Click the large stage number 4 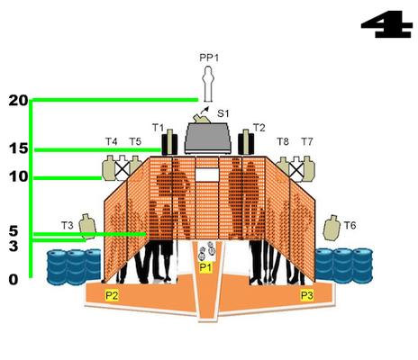[386, 24]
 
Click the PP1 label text [209, 58]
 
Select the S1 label [223, 113]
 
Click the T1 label [159, 128]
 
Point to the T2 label [259, 128]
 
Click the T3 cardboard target [87, 227]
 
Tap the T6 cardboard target [332, 228]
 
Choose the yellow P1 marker [205, 267]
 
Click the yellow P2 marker [112, 295]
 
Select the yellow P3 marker [307, 295]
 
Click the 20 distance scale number [18, 101]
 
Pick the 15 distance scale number [18, 148]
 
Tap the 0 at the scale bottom [14, 280]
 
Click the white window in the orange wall [207, 175]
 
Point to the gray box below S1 [209, 138]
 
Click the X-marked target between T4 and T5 [123, 168]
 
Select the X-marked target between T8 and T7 [296, 169]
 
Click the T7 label [307, 141]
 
